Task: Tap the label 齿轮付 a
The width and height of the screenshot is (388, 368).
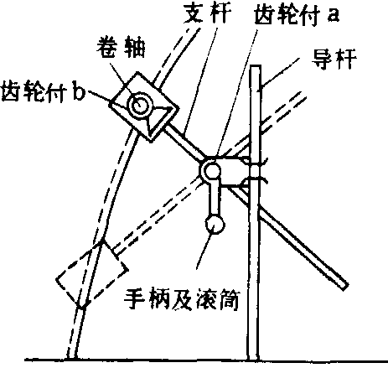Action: [x=297, y=14]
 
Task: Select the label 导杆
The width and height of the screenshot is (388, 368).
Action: [x=334, y=59]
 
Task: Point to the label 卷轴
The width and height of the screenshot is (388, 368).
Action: [x=122, y=47]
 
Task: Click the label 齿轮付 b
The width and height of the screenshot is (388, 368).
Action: [x=43, y=91]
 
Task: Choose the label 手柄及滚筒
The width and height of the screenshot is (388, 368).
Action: [x=182, y=299]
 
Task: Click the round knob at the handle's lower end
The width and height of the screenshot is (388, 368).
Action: [x=215, y=224]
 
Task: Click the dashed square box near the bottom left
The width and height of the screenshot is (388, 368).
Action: [x=92, y=275]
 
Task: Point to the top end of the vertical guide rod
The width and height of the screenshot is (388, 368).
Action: [x=256, y=66]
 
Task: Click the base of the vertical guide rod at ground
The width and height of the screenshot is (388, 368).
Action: [x=253, y=359]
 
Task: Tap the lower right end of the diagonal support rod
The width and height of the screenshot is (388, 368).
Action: [x=345, y=287]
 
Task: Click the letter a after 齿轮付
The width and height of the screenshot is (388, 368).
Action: [x=334, y=16]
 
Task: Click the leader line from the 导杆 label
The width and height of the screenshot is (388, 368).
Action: [x=280, y=72]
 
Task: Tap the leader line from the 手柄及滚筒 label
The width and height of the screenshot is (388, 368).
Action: [x=204, y=249]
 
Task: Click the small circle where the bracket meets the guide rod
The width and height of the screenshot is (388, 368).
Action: [x=255, y=169]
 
